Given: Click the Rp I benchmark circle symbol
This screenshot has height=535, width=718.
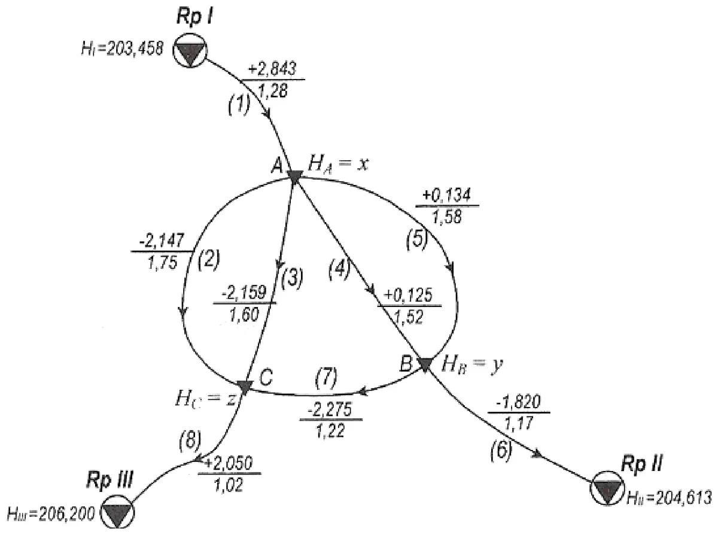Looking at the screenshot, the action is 190,50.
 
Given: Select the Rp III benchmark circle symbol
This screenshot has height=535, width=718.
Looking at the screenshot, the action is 117,512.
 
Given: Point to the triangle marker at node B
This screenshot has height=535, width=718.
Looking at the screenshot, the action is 425,364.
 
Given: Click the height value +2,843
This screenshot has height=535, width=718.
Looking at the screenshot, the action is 272,69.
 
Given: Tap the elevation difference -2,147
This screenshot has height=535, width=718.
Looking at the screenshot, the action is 162,241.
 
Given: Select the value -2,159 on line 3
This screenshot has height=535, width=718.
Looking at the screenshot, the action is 244,293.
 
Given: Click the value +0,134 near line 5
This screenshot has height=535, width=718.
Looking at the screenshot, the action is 446,195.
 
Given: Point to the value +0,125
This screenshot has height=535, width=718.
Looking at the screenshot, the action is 409,296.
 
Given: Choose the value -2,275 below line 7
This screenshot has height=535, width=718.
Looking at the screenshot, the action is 330,410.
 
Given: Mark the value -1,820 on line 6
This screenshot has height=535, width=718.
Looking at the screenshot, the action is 518,403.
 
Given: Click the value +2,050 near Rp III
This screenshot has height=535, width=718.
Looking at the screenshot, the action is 229,463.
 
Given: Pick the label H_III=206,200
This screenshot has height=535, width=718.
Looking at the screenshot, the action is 51,514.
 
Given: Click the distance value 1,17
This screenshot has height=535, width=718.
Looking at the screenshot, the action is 519,423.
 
